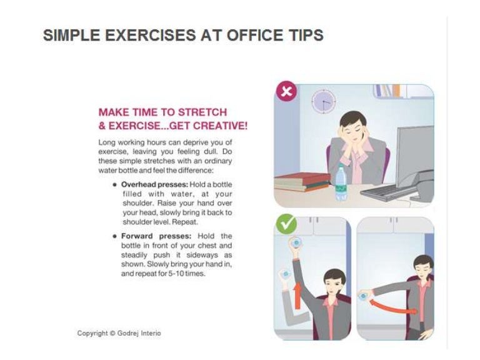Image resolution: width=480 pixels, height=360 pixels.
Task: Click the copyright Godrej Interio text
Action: click(119, 333)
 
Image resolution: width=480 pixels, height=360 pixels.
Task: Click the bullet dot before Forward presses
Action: click(115, 236)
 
